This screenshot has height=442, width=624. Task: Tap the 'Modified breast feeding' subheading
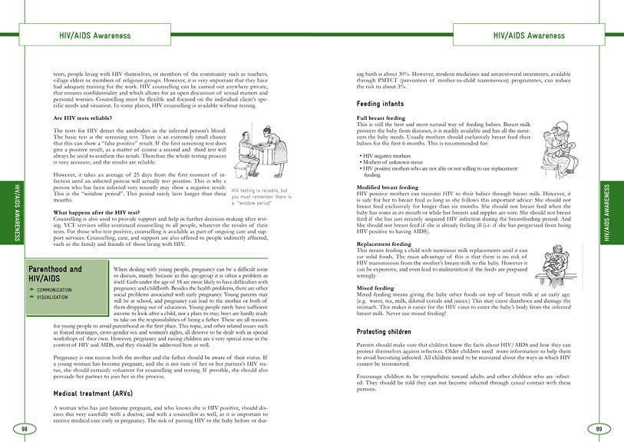click(x=388, y=209)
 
